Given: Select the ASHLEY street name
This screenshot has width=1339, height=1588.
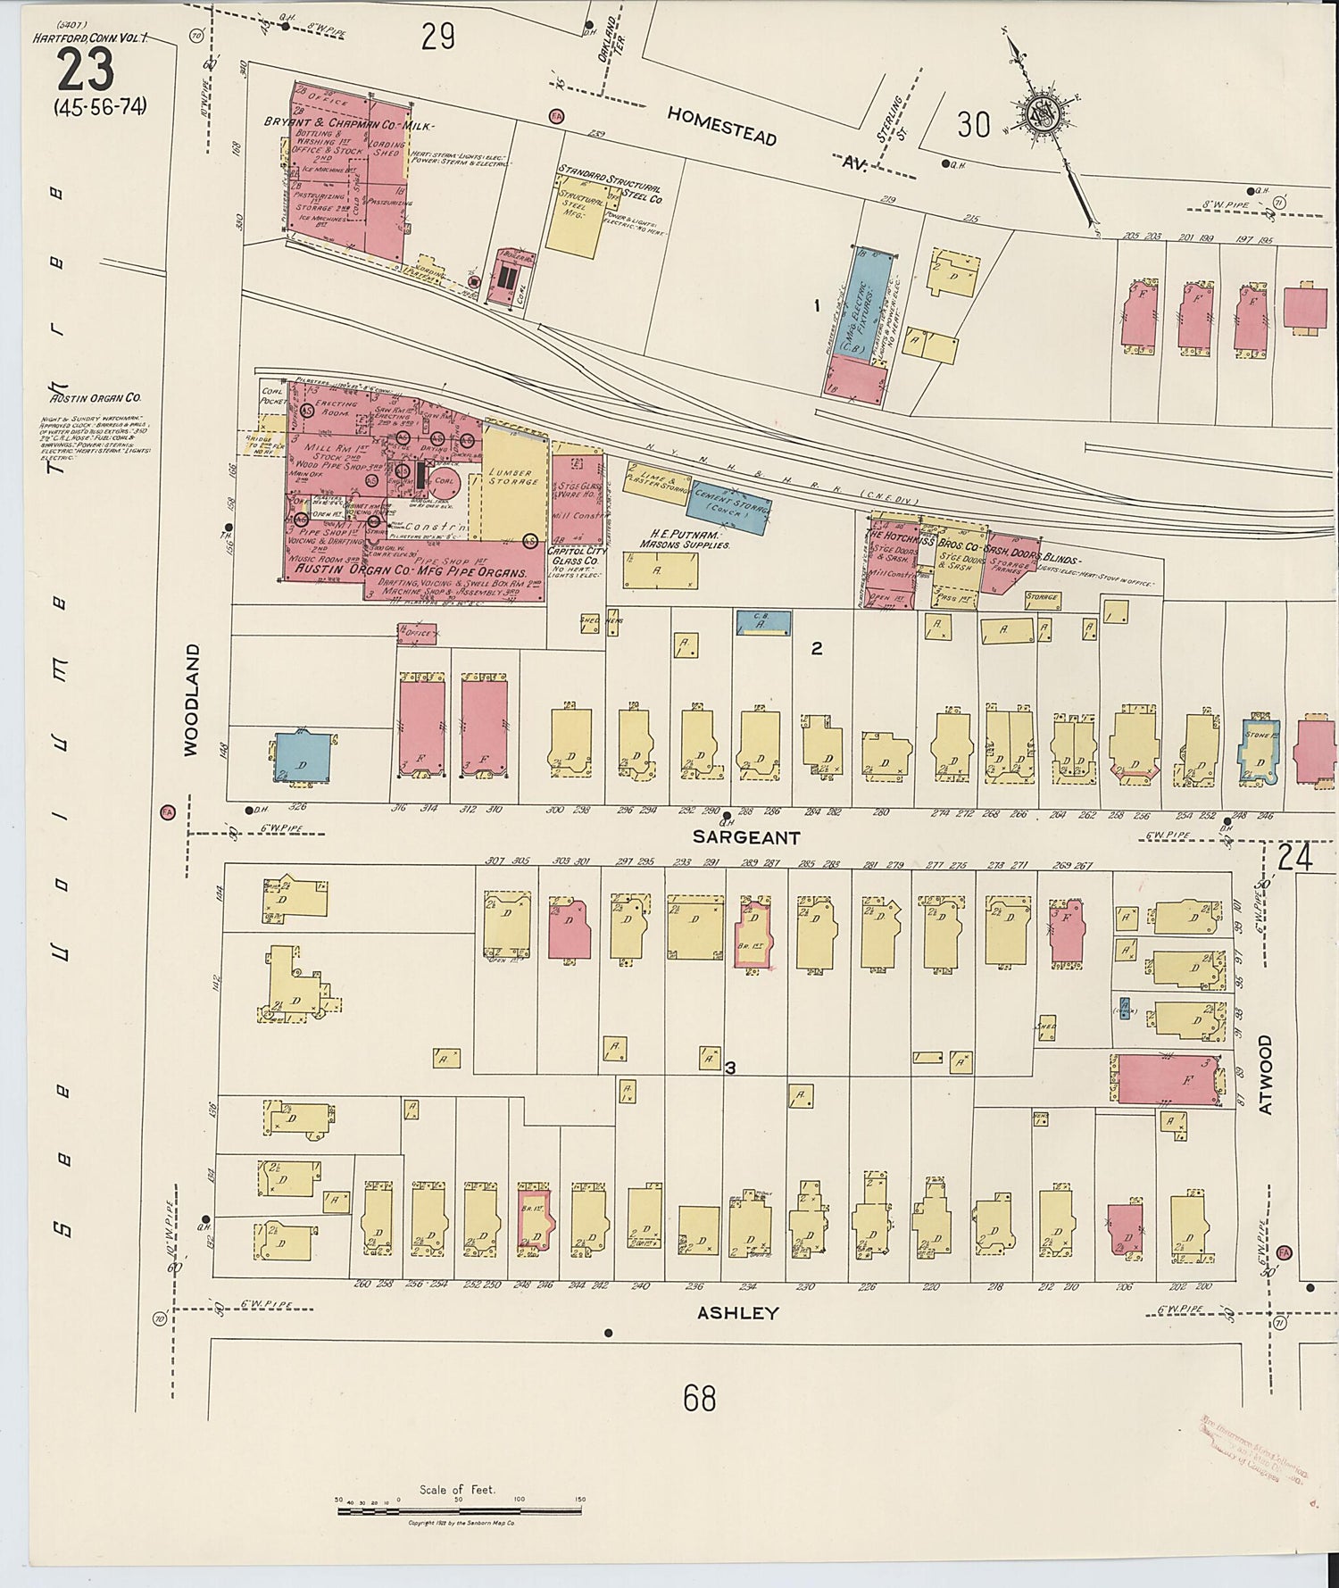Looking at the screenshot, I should pos(737,1313).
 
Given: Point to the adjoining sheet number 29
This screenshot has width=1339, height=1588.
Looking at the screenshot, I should pos(437,37).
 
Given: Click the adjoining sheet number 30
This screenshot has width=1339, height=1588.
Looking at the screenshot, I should pos(972,125).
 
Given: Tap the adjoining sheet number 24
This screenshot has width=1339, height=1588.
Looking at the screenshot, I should pos(1293,859).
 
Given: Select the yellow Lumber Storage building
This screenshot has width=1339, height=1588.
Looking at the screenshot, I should pos(512,482).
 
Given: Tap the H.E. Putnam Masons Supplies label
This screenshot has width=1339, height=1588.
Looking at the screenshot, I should pos(685,539).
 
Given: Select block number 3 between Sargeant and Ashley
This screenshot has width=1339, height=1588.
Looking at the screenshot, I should pos(729,1068).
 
